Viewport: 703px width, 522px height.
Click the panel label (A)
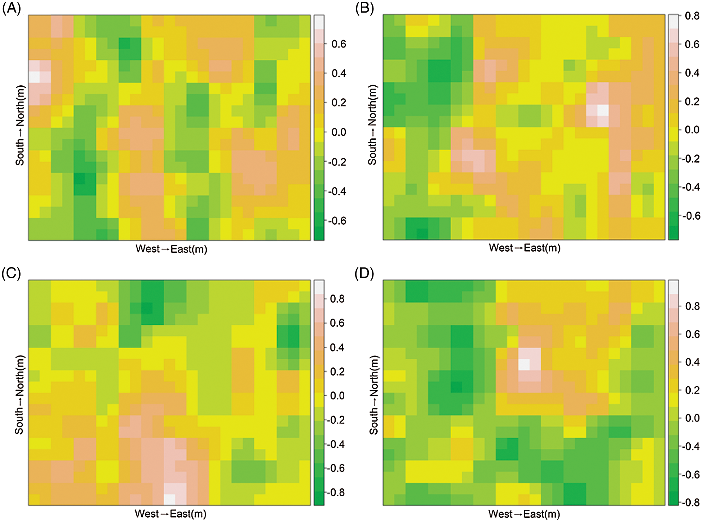(x=12, y=8)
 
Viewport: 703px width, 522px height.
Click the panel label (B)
(x=364, y=8)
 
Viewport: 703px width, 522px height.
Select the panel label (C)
(x=11, y=274)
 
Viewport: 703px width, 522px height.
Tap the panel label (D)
(x=364, y=274)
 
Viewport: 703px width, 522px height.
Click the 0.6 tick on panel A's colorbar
(x=339, y=44)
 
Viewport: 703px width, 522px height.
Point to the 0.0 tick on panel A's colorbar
(x=339, y=132)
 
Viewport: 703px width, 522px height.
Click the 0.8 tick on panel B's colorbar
(x=692, y=16)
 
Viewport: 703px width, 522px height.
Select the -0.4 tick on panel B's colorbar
(x=691, y=187)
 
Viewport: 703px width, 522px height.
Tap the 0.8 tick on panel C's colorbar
(x=337, y=299)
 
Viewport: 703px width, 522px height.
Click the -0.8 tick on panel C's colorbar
(x=336, y=492)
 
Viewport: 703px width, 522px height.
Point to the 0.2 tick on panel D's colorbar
(x=692, y=390)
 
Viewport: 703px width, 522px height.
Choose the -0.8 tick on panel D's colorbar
(x=691, y=503)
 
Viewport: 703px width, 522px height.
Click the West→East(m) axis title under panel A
(x=171, y=249)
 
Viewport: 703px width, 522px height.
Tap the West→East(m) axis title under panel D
(x=524, y=514)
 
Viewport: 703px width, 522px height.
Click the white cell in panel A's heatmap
(x=34, y=77)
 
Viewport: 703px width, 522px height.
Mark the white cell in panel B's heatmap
(x=603, y=111)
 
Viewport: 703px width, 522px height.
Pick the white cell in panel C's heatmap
(x=169, y=499)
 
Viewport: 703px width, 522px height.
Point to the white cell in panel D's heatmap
(x=524, y=364)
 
